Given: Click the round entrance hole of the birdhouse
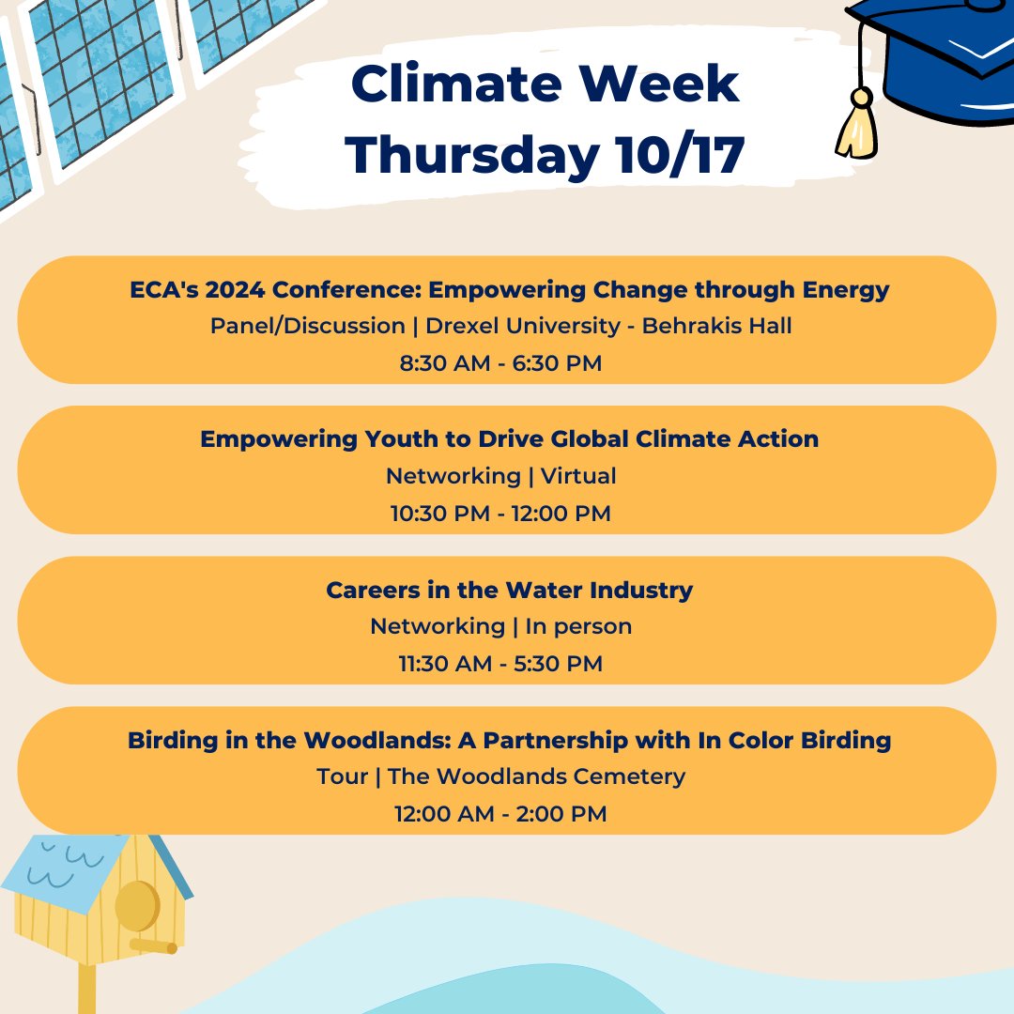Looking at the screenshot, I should click(x=136, y=907).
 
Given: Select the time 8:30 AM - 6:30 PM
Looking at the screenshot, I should click(x=500, y=363).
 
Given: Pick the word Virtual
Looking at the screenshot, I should click(x=578, y=476).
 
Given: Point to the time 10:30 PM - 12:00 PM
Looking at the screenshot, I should click(x=500, y=514).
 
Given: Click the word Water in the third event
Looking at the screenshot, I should click(x=547, y=590).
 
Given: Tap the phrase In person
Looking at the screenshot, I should click(x=578, y=626).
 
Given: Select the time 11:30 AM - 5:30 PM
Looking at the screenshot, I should click(x=500, y=664).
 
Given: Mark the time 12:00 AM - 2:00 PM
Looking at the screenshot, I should click(x=500, y=814).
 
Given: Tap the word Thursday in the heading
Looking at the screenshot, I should click(x=469, y=156).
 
